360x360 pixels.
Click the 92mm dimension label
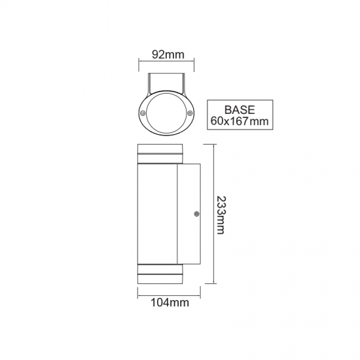click(x=167, y=54)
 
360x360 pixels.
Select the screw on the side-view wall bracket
click(x=196, y=213)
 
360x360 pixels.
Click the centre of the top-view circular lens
click(x=166, y=113)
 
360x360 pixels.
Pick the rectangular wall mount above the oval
click(x=166, y=84)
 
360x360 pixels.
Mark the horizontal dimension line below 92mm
click(x=167, y=63)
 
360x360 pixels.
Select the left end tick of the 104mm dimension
click(x=137, y=293)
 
